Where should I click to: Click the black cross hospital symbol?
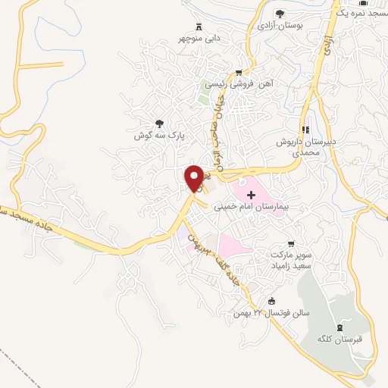(x=252, y=195)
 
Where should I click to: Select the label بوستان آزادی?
(x=280, y=25)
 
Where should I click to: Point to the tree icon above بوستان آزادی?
(x=280, y=13)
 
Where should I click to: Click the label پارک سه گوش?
(x=161, y=135)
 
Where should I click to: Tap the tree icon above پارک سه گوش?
(x=159, y=123)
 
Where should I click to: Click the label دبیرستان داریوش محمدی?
(x=303, y=147)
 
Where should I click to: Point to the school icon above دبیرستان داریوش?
(x=306, y=130)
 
